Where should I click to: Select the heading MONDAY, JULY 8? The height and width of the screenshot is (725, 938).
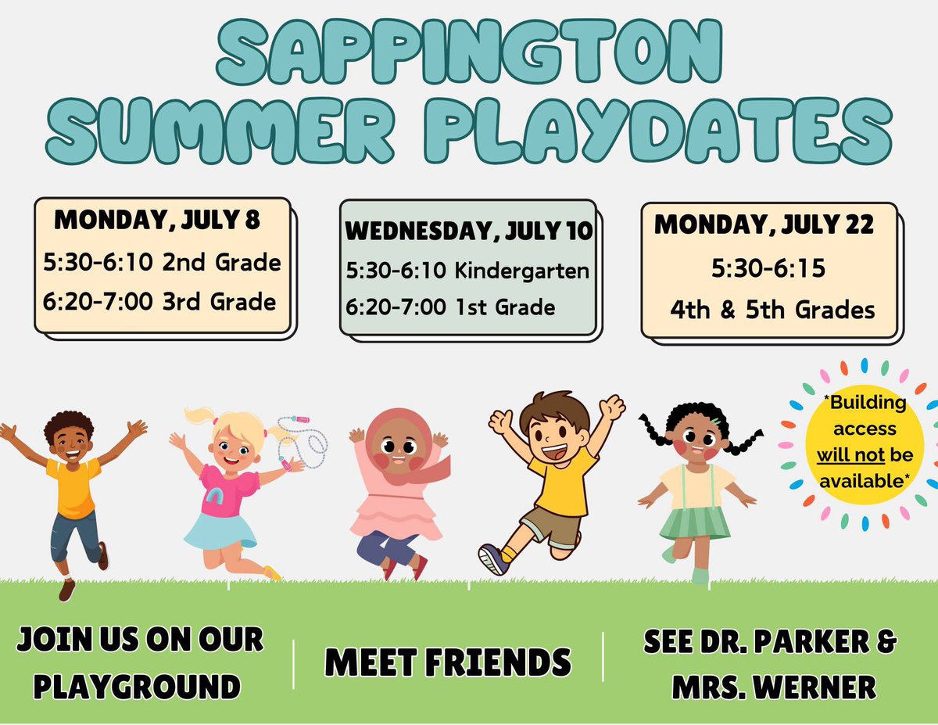tap(156, 221)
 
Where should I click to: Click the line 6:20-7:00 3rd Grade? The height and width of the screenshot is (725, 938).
tap(159, 301)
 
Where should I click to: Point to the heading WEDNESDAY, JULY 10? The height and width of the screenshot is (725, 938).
tap(468, 231)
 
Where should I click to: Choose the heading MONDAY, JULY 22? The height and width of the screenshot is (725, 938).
tap(764, 225)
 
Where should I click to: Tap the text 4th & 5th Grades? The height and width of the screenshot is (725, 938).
tap(772, 310)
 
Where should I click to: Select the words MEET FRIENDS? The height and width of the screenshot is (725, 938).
tap(448, 663)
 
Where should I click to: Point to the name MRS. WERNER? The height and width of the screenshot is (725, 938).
tap(769, 687)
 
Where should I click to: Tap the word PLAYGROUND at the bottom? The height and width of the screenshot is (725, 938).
tap(137, 687)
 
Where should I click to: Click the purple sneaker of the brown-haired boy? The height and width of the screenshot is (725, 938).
tap(493, 558)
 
